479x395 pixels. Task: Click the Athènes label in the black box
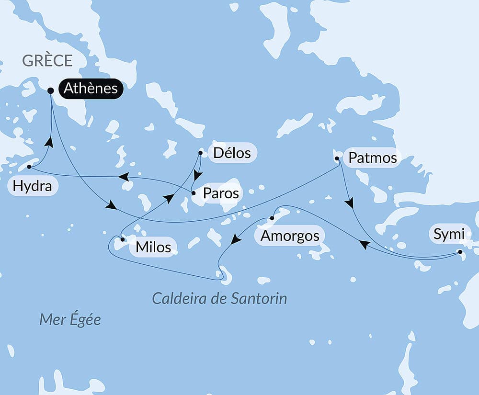tap(91, 89)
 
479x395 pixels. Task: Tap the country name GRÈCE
tap(47, 61)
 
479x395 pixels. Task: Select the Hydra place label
tap(33, 186)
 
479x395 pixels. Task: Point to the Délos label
tap(232, 153)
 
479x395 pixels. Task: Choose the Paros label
tap(220, 193)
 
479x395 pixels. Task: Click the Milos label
tap(153, 247)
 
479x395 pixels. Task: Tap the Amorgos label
tap(289, 236)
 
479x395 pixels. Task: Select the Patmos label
tap(372, 158)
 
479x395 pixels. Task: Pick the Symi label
tap(448, 234)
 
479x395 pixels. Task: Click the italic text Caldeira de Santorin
tap(219, 299)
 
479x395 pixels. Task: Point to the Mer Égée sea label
tap(70, 319)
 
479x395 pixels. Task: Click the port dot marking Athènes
tap(50, 90)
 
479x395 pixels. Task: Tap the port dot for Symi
tap(460, 251)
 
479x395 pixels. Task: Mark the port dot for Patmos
tap(337, 158)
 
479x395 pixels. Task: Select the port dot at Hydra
tap(29, 167)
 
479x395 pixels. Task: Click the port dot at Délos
tap(200, 153)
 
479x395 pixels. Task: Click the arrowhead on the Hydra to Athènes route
tap(48, 142)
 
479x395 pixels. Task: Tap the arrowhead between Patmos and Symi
tap(350, 203)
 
